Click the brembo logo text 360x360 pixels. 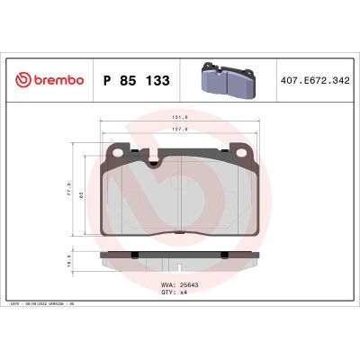[x=56, y=80]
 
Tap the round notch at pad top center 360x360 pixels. [x=153, y=163]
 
